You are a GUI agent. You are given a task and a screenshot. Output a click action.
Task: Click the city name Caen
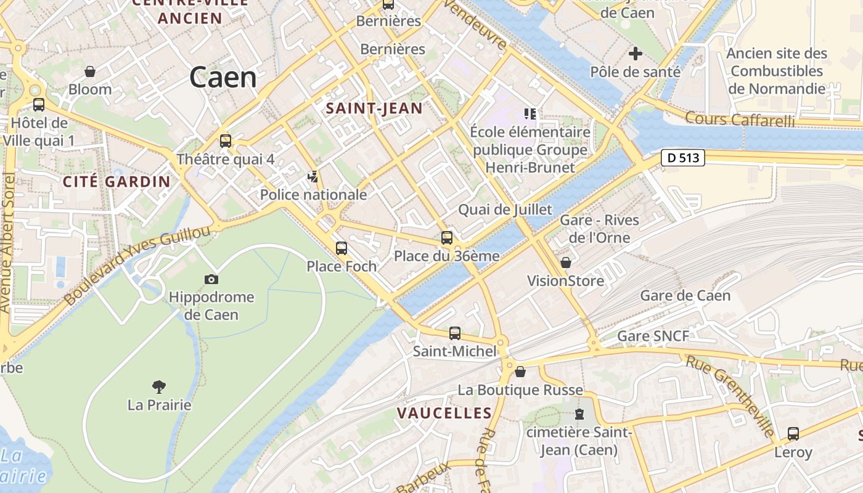[x=223, y=78]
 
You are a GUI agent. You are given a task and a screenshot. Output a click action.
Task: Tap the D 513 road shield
[x=683, y=158]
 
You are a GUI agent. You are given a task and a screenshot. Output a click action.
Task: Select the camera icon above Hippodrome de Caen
[x=211, y=280]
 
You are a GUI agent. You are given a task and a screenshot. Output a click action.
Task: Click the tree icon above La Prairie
[x=159, y=387]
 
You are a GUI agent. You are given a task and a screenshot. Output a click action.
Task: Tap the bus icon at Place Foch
[x=342, y=248]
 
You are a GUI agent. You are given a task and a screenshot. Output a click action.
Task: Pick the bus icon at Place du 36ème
[x=447, y=238]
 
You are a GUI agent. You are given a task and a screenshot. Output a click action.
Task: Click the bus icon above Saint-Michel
[x=455, y=333]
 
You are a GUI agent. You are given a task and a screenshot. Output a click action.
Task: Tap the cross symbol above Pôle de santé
[x=636, y=54]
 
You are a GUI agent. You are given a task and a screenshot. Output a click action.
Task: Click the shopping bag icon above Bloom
[x=90, y=71]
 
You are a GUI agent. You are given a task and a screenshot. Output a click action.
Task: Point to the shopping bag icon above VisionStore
[x=565, y=263]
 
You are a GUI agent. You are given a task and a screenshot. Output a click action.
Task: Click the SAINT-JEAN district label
[x=374, y=109]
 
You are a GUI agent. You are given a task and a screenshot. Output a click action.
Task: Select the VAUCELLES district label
[x=444, y=413]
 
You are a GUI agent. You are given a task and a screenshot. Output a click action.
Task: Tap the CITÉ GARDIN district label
[x=117, y=181]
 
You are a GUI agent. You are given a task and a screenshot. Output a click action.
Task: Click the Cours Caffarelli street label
[x=740, y=119]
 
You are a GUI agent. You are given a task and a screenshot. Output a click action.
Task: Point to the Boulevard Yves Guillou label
[x=137, y=266]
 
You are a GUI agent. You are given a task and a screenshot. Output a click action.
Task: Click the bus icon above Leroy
[x=793, y=434]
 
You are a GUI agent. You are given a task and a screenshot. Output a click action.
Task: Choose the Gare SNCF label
[x=653, y=336]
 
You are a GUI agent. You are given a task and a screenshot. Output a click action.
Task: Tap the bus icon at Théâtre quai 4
[x=226, y=141]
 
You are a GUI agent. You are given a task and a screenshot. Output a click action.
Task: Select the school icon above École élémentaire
[x=530, y=114]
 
